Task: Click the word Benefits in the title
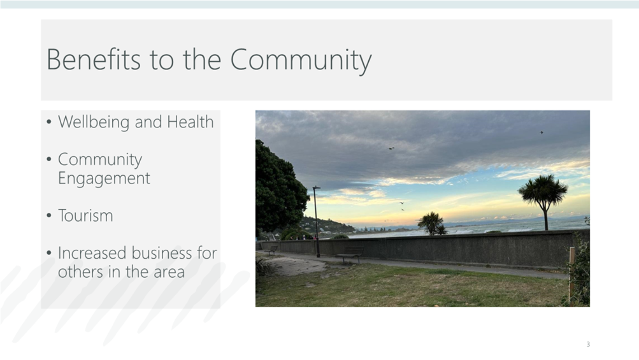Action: [x=94, y=59]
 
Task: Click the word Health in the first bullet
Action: [x=190, y=122]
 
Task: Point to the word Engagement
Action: [x=104, y=178]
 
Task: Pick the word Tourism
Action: [x=85, y=215]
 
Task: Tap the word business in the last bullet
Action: [x=164, y=253]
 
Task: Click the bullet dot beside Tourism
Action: [x=49, y=215]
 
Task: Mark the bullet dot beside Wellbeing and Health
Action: [x=49, y=122]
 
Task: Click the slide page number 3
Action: [x=588, y=344]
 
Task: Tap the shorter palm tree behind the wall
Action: [x=433, y=224]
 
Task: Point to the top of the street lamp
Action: [x=316, y=187]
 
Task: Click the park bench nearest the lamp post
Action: [x=349, y=256]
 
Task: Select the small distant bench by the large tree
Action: [x=272, y=250]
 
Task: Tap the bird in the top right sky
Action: [x=542, y=133]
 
